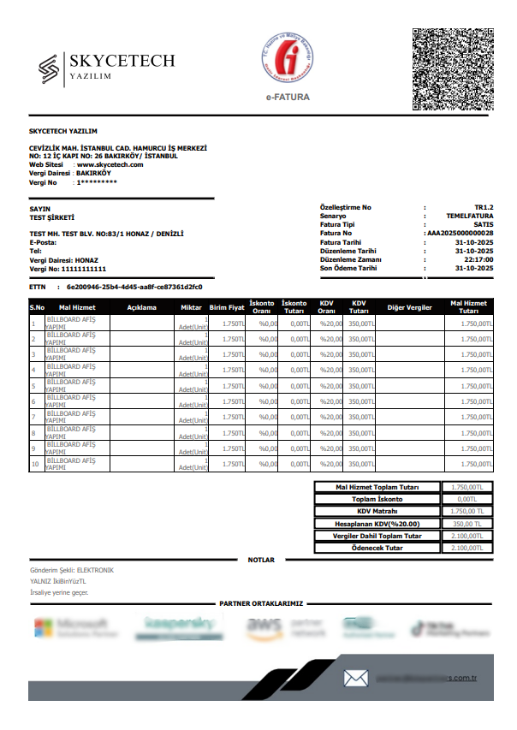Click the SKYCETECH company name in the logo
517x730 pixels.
click(x=122, y=61)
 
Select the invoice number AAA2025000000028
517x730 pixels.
click(x=461, y=233)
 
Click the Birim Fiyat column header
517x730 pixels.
click(x=228, y=306)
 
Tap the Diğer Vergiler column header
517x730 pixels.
click(x=410, y=306)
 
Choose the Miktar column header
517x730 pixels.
click(x=191, y=306)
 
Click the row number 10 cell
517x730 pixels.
click(x=35, y=464)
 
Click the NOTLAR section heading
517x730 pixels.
click(x=261, y=560)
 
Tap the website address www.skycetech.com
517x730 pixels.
click(x=110, y=164)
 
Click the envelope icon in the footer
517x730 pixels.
click(x=355, y=678)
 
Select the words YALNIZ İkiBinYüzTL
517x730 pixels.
click(x=58, y=581)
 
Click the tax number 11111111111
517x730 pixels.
click(x=76, y=269)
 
